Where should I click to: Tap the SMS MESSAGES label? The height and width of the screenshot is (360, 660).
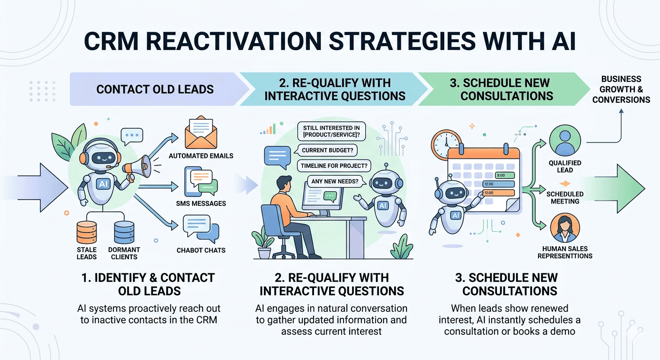coord(201,203)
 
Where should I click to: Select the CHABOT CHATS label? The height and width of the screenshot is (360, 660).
coord(201,250)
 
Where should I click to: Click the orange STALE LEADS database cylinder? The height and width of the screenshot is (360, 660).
coord(87,233)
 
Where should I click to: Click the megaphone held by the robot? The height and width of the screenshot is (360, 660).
coord(136,166)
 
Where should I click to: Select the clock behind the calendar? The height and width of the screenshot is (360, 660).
coord(445,141)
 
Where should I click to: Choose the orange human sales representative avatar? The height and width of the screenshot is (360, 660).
coord(564,228)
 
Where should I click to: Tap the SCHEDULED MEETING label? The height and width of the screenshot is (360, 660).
coord(565,198)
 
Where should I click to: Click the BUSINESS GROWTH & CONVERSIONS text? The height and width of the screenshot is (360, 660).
coord(621,89)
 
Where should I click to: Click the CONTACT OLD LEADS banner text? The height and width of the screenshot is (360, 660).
coord(155,89)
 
